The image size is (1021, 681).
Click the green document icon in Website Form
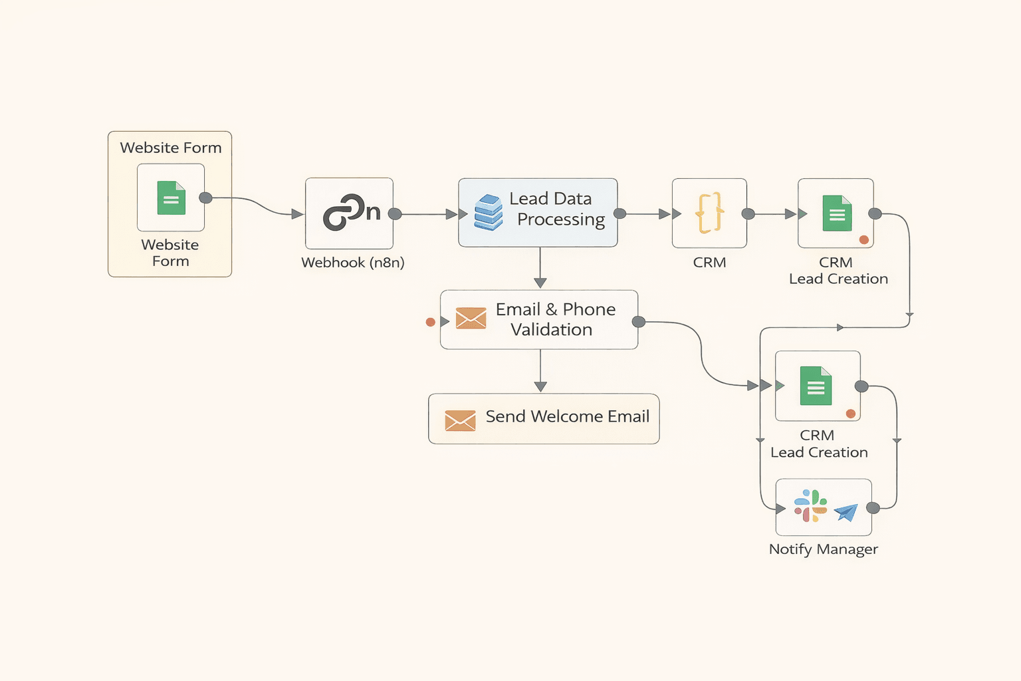click(171, 198)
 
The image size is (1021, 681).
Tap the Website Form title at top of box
click(171, 148)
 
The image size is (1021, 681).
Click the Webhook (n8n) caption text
click(352, 263)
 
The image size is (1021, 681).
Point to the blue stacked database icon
click(489, 212)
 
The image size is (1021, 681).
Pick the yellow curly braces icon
click(709, 213)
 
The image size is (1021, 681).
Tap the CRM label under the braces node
click(709, 263)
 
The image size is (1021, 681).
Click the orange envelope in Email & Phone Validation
click(471, 319)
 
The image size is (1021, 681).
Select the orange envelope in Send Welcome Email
click(460, 420)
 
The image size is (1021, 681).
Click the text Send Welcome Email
click(567, 417)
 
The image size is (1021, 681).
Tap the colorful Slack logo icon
click(810, 506)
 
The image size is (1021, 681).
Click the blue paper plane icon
click(846, 511)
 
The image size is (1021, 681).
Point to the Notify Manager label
click(823, 549)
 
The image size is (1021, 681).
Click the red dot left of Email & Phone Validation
click(430, 322)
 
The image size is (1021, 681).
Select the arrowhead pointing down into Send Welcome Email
click(540, 386)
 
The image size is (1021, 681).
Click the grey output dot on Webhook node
click(395, 214)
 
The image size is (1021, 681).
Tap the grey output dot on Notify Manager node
click(873, 508)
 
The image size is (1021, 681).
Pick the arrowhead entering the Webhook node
click(297, 214)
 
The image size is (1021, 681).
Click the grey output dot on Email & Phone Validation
click(639, 322)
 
